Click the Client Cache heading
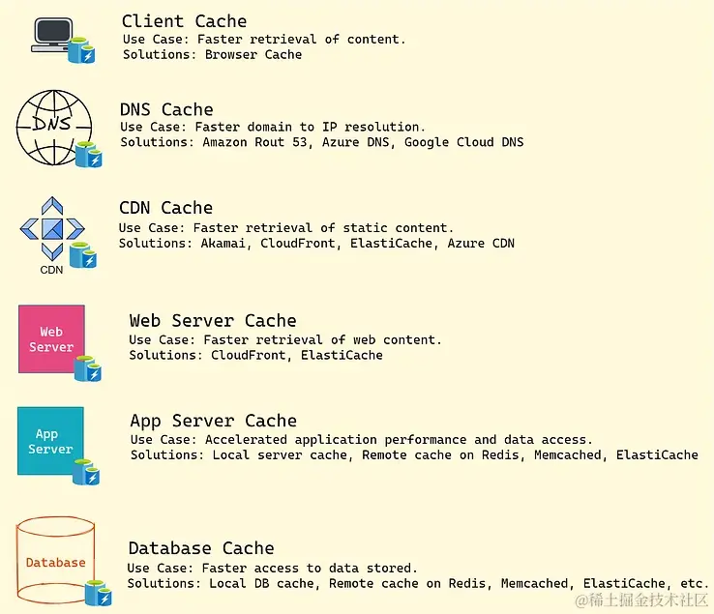pyautogui.click(x=184, y=21)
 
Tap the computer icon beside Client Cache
pyautogui.click(x=53, y=34)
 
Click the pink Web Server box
pyautogui.click(x=51, y=338)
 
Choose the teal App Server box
pyautogui.click(x=50, y=441)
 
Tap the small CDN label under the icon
pyautogui.click(x=51, y=270)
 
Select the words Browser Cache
pyautogui.click(x=253, y=55)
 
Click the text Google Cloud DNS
pyautogui.click(x=464, y=142)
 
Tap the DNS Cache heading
pyautogui.click(x=166, y=109)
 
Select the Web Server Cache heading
pyautogui.click(x=213, y=321)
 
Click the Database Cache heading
pyautogui.click(x=201, y=548)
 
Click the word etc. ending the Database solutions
pyautogui.click(x=692, y=583)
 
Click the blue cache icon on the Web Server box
pyautogui.click(x=88, y=368)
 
